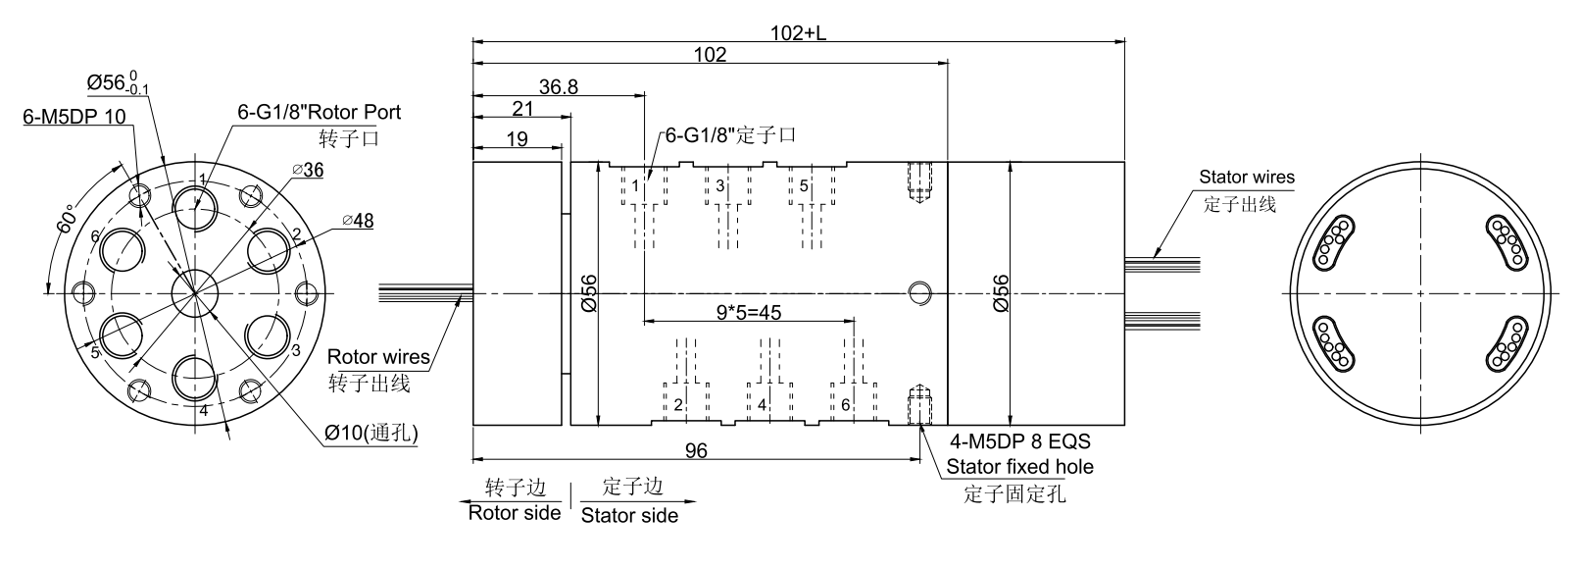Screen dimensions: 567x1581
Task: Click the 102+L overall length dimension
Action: pos(798,32)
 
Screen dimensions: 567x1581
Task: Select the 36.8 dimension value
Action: pos(558,86)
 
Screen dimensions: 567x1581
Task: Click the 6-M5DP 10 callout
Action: pos(74,117)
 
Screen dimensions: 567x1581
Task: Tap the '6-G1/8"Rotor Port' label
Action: pos(320,112)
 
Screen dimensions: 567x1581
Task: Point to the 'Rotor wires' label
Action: pos(378,357)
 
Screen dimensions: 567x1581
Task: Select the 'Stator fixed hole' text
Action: pos(1019,467)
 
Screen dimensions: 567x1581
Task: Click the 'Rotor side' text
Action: pos(514,512)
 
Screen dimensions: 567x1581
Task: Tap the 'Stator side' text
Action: pos(629,515)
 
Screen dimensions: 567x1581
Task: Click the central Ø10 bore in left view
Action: pos(195,292)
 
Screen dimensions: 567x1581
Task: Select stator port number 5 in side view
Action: pos(804,185)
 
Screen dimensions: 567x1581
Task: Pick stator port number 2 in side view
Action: pos(677,404)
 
